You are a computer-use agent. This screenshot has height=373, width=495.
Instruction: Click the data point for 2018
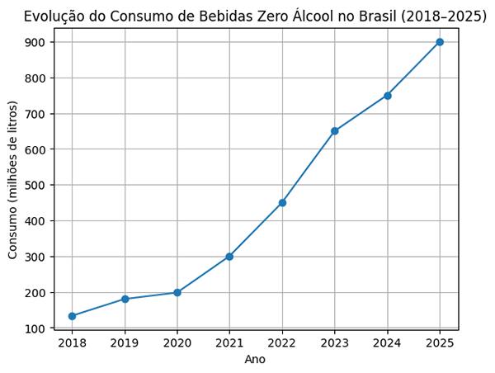pos(72,316)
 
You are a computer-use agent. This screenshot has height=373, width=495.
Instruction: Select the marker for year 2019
pos(125,299)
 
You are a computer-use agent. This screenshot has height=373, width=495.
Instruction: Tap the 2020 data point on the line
pos(177,292)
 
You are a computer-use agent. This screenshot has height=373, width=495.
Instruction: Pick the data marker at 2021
pos(229,257)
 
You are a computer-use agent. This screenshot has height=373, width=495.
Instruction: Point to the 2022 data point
pos(282,203)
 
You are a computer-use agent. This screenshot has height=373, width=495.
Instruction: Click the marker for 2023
pos(335,131)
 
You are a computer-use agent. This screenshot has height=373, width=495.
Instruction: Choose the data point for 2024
pos(387,96)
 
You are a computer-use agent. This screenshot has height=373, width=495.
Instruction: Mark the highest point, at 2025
pos(440,42)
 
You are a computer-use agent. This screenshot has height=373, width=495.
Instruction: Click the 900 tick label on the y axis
pos(38,42)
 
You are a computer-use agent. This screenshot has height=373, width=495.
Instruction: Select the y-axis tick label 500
pos(38,185)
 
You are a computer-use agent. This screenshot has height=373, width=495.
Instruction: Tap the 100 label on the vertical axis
pos(38,328)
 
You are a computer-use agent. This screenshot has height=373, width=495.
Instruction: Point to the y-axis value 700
pos(38,114)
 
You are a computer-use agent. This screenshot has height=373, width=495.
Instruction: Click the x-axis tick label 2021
pos(229,342)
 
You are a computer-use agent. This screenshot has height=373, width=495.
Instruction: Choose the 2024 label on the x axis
pos(387,342)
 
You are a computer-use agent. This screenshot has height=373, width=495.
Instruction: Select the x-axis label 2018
pos(72,342)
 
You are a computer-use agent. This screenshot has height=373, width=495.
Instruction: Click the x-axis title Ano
pos(255,360)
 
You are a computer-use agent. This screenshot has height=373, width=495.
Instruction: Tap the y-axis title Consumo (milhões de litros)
pos(13,179)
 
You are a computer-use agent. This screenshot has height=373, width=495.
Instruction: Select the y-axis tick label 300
pos(38,257)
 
